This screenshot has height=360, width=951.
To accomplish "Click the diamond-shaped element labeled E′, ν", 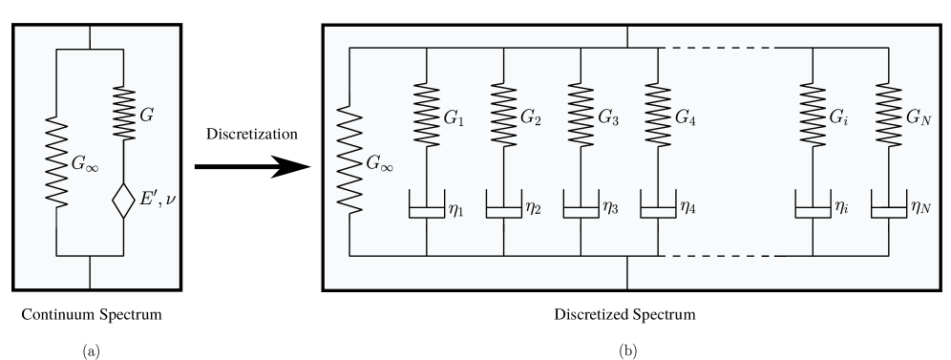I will (x=123, y=202).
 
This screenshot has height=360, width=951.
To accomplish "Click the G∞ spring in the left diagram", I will (x=56, y=162).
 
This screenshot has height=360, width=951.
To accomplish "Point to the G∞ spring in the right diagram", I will (x=349, y=162).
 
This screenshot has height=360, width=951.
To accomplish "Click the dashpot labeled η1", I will (x=426, y=206).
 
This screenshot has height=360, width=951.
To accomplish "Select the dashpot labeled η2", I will (x=503, y=206).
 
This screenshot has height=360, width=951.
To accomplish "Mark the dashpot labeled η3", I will (x=581, y=206).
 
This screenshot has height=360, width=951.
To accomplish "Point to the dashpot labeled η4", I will (x=659, y=206).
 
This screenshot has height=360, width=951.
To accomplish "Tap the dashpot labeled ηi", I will (x=813, y=206).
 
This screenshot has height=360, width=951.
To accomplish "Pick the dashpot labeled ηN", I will (x=890, y=206).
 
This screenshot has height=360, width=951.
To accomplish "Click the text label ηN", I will (x=921, y=205).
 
